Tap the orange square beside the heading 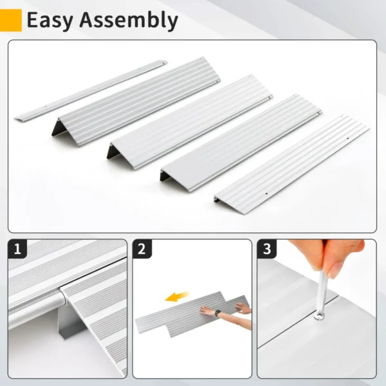pyautogui.click(x=11, y=20)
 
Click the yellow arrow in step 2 pyautogui.click(x=176, y=297)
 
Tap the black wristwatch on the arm pyautogui.click(x=218, y=313)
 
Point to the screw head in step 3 pyautogui.click(x=318, y=316)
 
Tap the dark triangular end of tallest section pyautogui.click(x=57, y=127)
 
